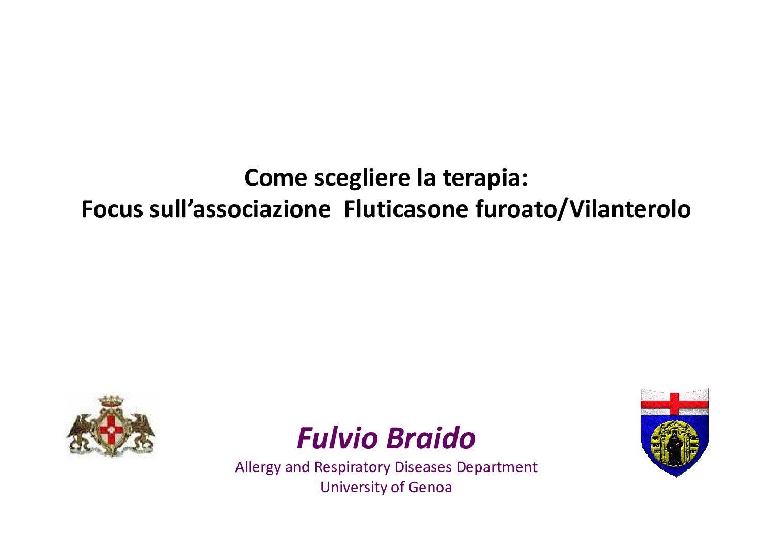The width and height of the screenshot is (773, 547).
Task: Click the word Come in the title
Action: (x=275, y=178)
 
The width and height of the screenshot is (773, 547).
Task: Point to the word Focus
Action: (x=112, y=210)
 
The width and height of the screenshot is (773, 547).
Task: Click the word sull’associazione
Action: (x=240, y=209)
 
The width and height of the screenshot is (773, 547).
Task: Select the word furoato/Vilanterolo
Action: (x=583, y=209)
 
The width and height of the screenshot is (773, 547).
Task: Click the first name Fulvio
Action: (x=338, y=438)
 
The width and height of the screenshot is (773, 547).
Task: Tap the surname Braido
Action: (x=431, y=438)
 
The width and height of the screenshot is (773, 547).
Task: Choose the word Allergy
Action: (x=258, y=468)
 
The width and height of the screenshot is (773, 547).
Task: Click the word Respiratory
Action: (x=352, y=468)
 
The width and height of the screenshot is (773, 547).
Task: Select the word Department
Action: (x=497, y=468)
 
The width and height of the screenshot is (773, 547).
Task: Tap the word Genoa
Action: (x=430, y=487)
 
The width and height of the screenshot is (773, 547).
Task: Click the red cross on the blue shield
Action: (x=675, y=404)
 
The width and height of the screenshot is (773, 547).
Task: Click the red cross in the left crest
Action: (x=111, y=430)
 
